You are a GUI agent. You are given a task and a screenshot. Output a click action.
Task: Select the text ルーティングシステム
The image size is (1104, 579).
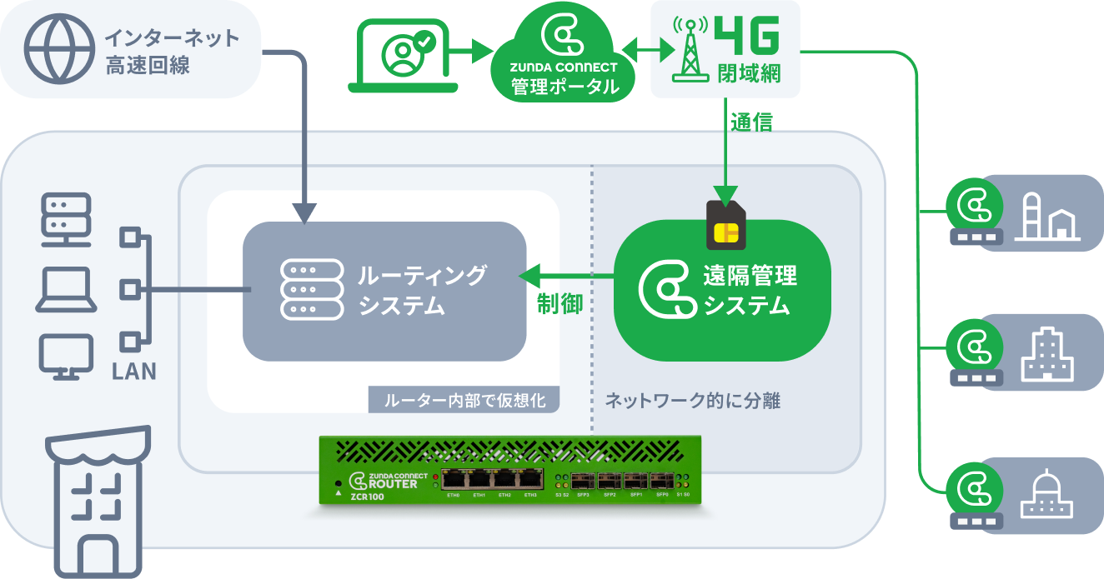tap(422, 290)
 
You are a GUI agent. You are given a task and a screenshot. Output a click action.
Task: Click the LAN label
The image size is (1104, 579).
tap(133, 371)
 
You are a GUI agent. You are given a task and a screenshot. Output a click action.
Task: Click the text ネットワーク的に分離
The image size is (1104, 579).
tap(691, 401)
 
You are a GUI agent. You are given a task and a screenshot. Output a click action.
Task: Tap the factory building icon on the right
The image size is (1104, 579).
tap(1046, 217)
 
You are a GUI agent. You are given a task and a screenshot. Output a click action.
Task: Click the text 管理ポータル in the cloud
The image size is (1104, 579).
tap(565, 86)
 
